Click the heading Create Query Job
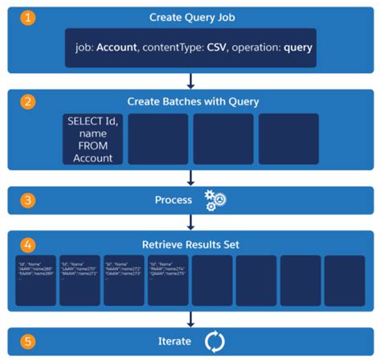coord(191,17)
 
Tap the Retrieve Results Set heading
coord(191,242)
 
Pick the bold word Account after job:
coord(117,47)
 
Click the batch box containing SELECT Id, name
coord(94,138)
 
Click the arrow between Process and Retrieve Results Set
coord(191,221)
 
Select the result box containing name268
coord(35,280)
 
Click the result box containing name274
coord(166,280)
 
